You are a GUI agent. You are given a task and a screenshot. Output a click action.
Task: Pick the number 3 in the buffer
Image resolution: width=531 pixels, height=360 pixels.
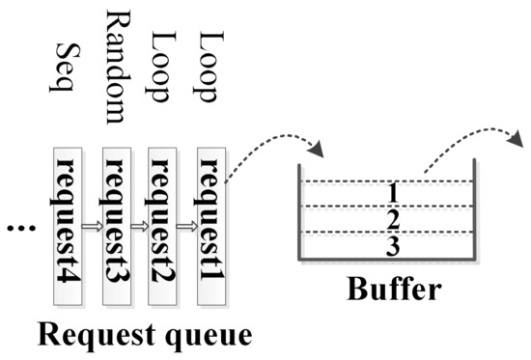[x=393, y=247]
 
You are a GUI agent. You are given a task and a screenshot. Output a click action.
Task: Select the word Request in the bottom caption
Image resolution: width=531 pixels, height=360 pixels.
[x=97, y=337]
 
